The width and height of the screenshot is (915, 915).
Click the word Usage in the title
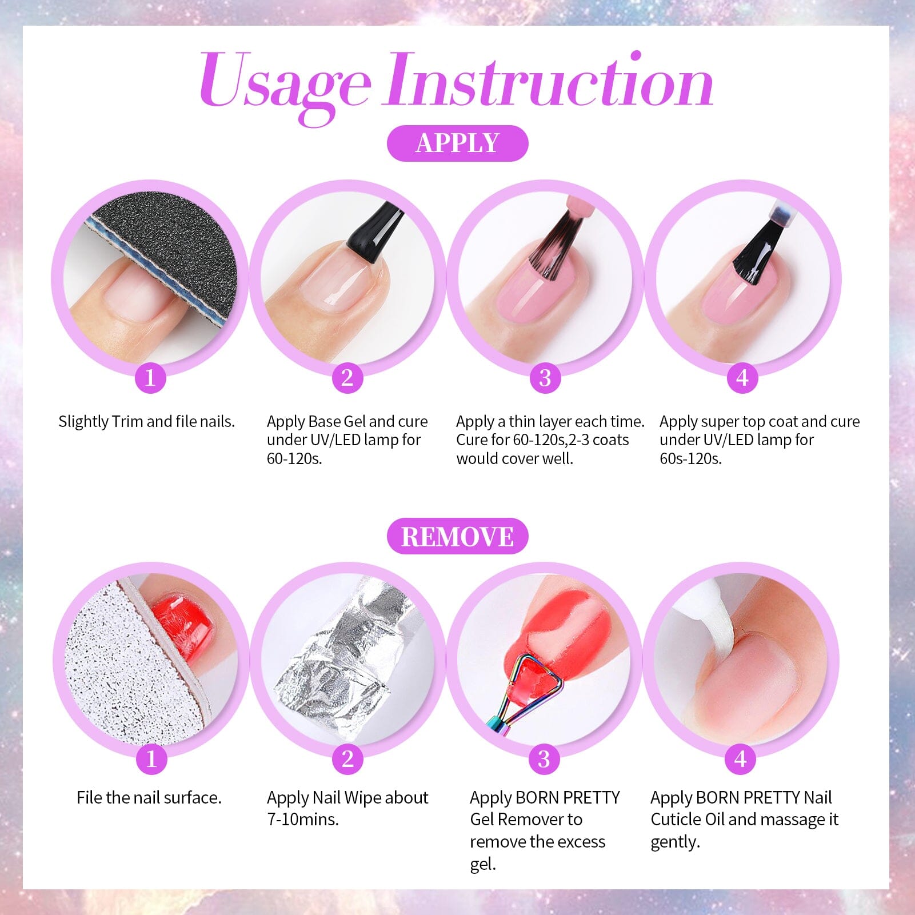coord(285,83)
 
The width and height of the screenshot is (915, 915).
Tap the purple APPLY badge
coord(457,143)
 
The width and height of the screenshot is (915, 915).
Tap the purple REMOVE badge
coord(457,537)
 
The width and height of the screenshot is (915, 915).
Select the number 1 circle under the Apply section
coord(150,378)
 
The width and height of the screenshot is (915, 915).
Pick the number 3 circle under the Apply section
coord(545,378)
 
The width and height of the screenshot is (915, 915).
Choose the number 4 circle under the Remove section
coord(741,759)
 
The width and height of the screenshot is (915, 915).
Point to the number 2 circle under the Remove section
coord(347,759)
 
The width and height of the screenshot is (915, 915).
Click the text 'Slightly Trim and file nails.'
coord(147,422)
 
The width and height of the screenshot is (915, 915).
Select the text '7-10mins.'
coord(303,820)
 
